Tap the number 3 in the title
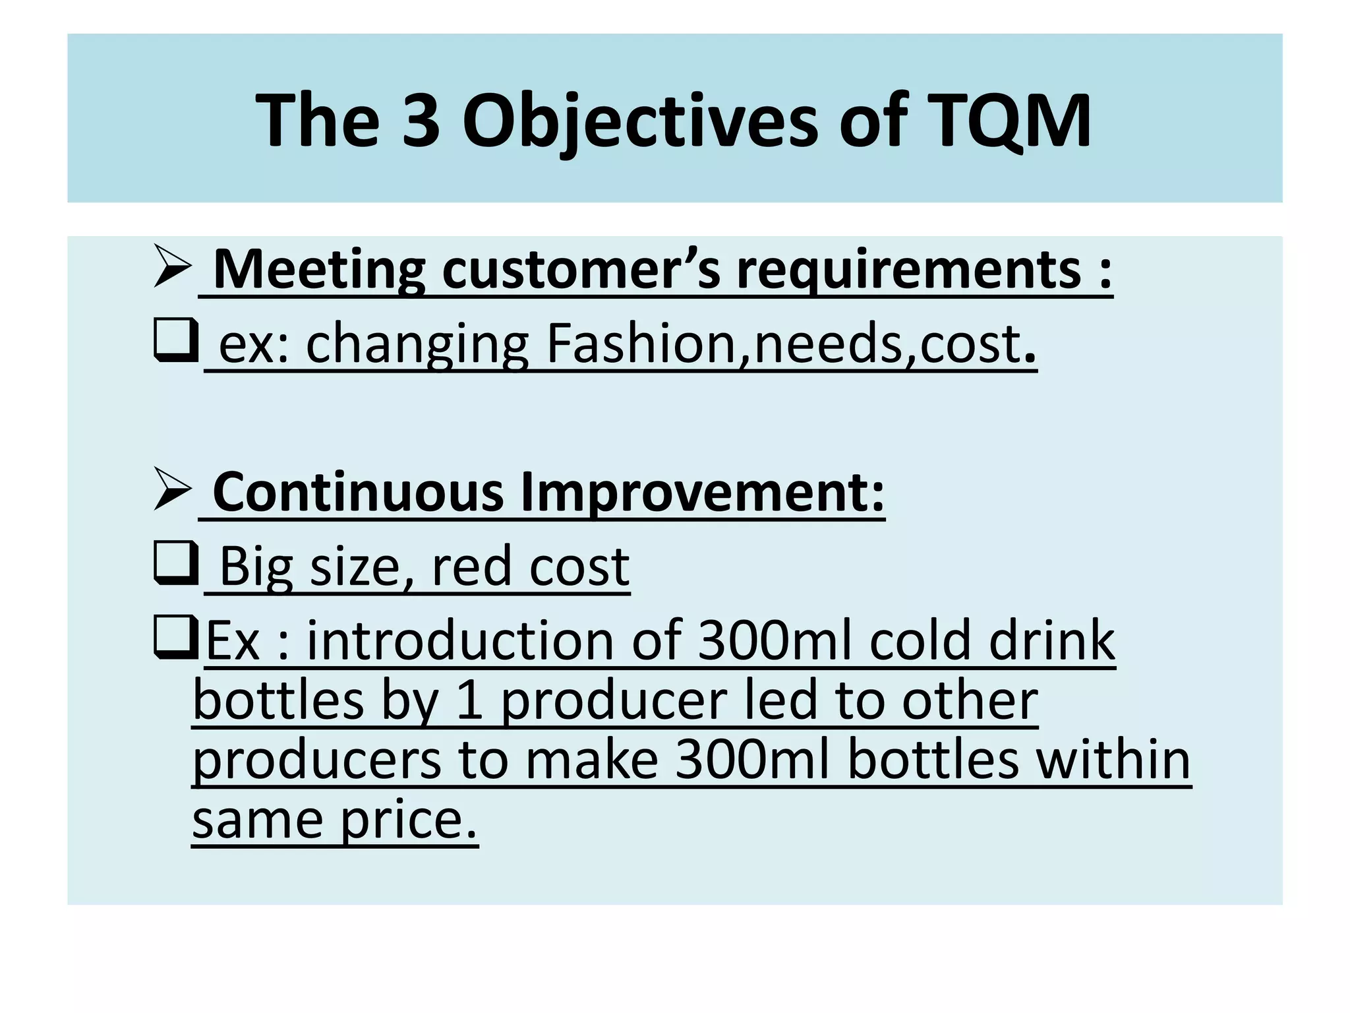421,121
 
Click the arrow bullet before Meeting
171,266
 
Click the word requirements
909,270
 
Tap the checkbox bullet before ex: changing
175,340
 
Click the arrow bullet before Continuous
171,489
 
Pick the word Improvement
702,493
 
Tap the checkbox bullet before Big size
175,563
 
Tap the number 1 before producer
469,700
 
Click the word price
408,820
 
